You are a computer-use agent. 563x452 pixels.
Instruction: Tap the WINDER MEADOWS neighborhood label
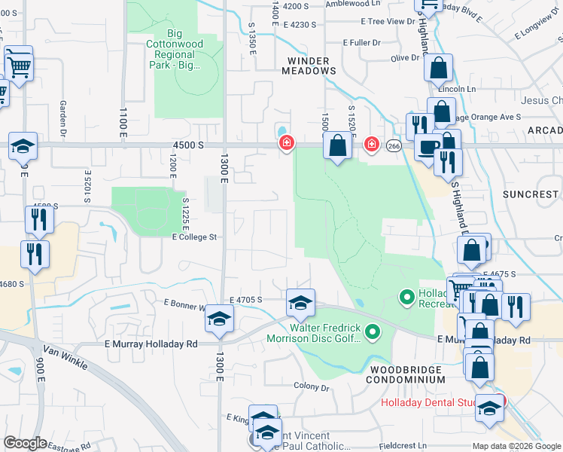click(x=308, y=65)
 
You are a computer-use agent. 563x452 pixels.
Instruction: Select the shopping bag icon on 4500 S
click(x=339, y=145)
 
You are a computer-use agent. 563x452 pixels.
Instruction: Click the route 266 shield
click(x=394, y=145)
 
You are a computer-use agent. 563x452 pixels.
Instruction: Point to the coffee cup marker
click(x=428, y=148)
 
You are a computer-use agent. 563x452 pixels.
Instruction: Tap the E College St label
click(x=194, y=237)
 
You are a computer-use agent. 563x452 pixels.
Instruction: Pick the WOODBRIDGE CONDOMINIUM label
click(x=406, y=374)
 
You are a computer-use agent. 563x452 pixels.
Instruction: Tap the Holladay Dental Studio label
click(x=427, y=402)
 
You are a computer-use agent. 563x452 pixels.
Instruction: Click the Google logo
click(x=25, y=443)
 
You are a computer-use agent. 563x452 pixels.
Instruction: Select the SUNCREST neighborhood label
click(x=531, y=194)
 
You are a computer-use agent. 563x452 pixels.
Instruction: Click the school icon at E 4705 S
click(x=300, y=304)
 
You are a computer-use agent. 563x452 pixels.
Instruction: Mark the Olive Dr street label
click(x=404, y=58)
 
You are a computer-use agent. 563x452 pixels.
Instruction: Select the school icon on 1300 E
click(x=220, y=319)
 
